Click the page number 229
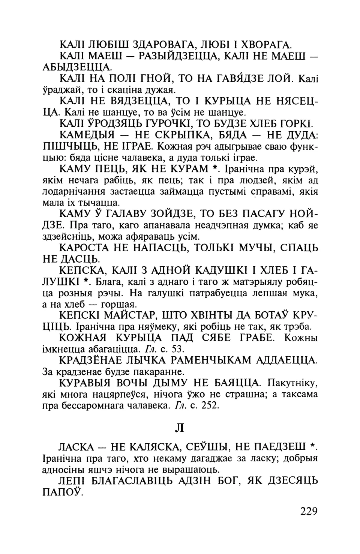[x=309, y=511]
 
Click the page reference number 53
[x=177, y=348]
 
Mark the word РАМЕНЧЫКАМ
[x=200, y=360]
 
